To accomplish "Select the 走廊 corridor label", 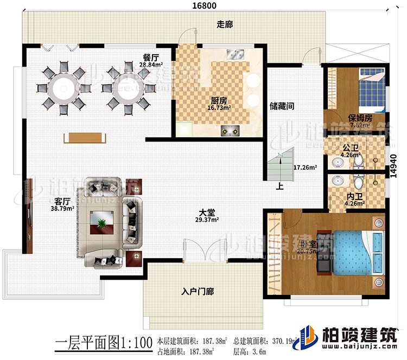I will pos(224,25).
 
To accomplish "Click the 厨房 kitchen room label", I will pos(219,101).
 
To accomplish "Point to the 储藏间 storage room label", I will pos(282,107).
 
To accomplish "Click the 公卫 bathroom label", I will pos(351,147).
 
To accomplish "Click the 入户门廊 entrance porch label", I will pos(198,292).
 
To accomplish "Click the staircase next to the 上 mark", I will pos(279,166).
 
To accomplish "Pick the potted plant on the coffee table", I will pos(101,222).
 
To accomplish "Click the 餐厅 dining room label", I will pos(151,56).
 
